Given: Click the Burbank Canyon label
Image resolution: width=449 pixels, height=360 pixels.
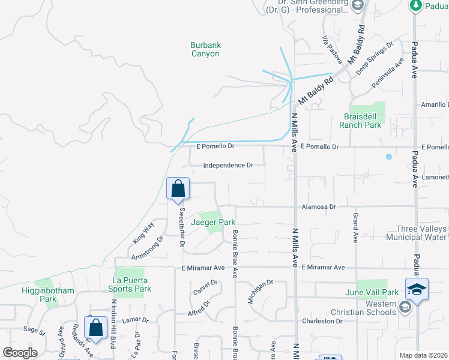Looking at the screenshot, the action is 205,49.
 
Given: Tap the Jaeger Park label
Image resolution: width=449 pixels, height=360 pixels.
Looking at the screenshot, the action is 213,222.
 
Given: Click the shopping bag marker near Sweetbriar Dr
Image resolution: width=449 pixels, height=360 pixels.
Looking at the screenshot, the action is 178,190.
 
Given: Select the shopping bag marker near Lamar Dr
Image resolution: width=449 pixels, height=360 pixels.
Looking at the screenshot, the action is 95,328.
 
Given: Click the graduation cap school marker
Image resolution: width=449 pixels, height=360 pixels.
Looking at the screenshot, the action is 417,290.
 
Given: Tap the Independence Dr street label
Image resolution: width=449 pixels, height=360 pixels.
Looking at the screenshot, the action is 228,166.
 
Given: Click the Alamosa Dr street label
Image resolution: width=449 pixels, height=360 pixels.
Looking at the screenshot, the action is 319,206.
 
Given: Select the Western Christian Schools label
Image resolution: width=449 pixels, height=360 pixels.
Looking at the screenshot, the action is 364,308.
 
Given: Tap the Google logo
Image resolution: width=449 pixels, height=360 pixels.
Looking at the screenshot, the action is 20,352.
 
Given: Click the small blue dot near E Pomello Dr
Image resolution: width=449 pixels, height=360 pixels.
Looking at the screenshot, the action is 389,157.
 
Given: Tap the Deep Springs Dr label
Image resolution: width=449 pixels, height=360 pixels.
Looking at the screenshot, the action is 374,57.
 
